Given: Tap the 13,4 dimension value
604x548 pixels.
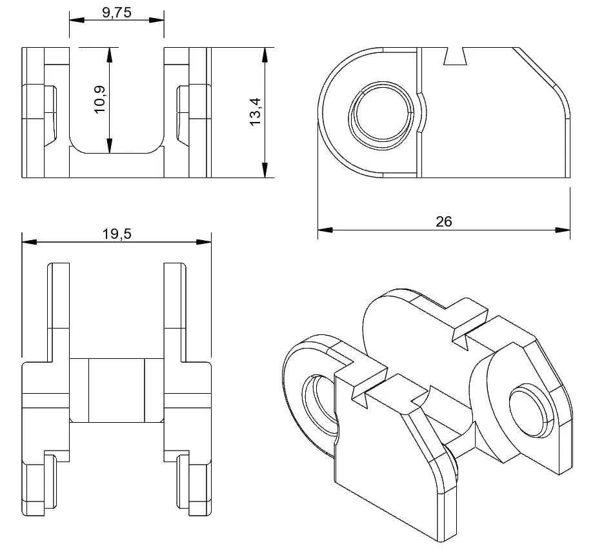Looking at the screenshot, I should [254, 112].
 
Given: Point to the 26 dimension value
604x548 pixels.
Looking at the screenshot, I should [443, 221].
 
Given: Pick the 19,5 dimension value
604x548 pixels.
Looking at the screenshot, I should [116, 234].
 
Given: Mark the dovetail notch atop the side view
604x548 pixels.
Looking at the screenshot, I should [456, 56].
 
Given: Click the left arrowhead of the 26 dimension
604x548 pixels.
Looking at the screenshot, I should [325, 230].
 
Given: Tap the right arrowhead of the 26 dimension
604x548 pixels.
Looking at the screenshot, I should [563, 230].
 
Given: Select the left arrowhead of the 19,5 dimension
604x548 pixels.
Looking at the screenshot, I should [29, 242].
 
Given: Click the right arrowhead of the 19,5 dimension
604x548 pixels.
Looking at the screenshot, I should [205, 242].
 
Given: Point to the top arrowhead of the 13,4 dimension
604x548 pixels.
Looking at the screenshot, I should [265, 54].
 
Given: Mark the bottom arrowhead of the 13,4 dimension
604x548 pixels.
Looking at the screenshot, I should [265, 170].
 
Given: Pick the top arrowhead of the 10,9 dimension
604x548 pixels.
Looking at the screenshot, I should [110, 54].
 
